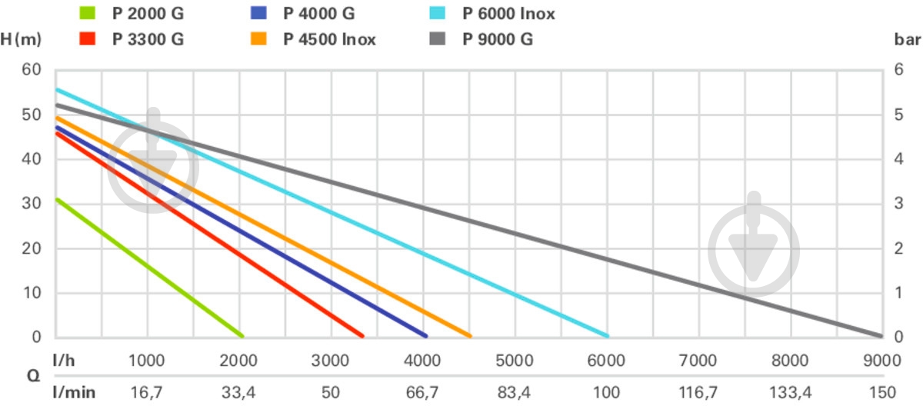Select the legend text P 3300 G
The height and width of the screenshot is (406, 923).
click(x=148, y=39)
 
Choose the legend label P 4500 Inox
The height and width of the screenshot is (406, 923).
click(x=329, y=39)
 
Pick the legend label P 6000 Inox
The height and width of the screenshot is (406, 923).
click(x=508, y=14)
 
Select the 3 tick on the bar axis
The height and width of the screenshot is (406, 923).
click(x=899, y=204)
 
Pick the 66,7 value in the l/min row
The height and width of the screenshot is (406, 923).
click(x=422, y=393)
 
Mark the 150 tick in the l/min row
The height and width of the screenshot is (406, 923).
click(x=881, y=393)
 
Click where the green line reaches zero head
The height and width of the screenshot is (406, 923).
click(x=242, y=336)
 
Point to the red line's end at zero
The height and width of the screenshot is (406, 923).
click(x=362, y=336)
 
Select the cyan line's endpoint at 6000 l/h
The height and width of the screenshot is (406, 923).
click(x=607, y=336)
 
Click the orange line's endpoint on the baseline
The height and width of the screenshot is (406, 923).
click(x=469, y=336)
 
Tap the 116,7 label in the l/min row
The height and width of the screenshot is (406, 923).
click(x=698, y=393)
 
